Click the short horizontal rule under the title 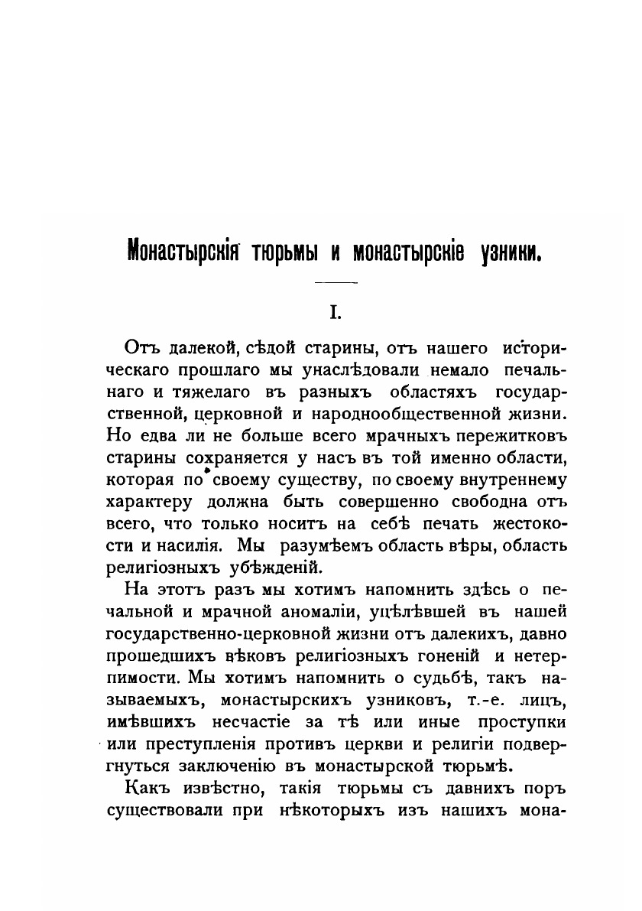(x=336, y=284)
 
